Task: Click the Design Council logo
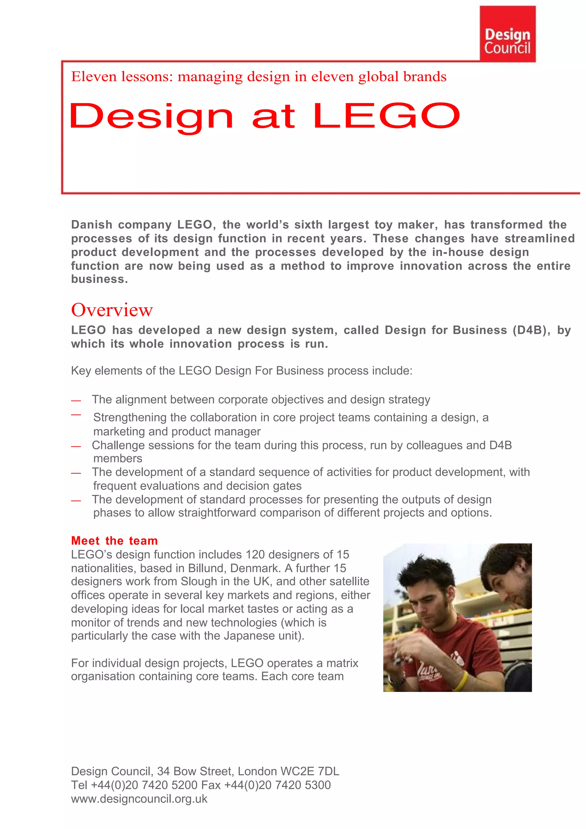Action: (507, 34)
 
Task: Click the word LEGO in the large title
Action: (386, 116)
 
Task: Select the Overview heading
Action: (112, 310)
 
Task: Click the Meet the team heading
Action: (114, 541)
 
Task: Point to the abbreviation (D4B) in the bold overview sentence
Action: (529, 330)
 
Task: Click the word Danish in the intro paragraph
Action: (92, 225)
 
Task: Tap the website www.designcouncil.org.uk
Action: (139, 799)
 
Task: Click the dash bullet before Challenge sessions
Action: (76, 447)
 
